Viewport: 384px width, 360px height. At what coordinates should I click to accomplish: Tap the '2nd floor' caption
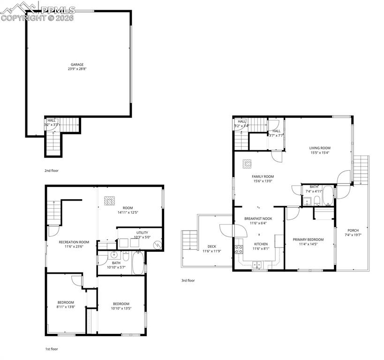tap(52, 171)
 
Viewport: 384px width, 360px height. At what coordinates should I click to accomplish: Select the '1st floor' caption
tap(52, 349)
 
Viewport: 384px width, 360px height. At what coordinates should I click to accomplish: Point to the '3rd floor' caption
tap(188, 280)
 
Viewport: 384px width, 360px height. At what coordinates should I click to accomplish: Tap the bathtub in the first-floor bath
tap(138, 264)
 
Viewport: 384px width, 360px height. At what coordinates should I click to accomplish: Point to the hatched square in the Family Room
tap(247, 164)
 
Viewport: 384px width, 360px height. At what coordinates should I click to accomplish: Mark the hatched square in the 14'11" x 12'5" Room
tap(109, 200)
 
